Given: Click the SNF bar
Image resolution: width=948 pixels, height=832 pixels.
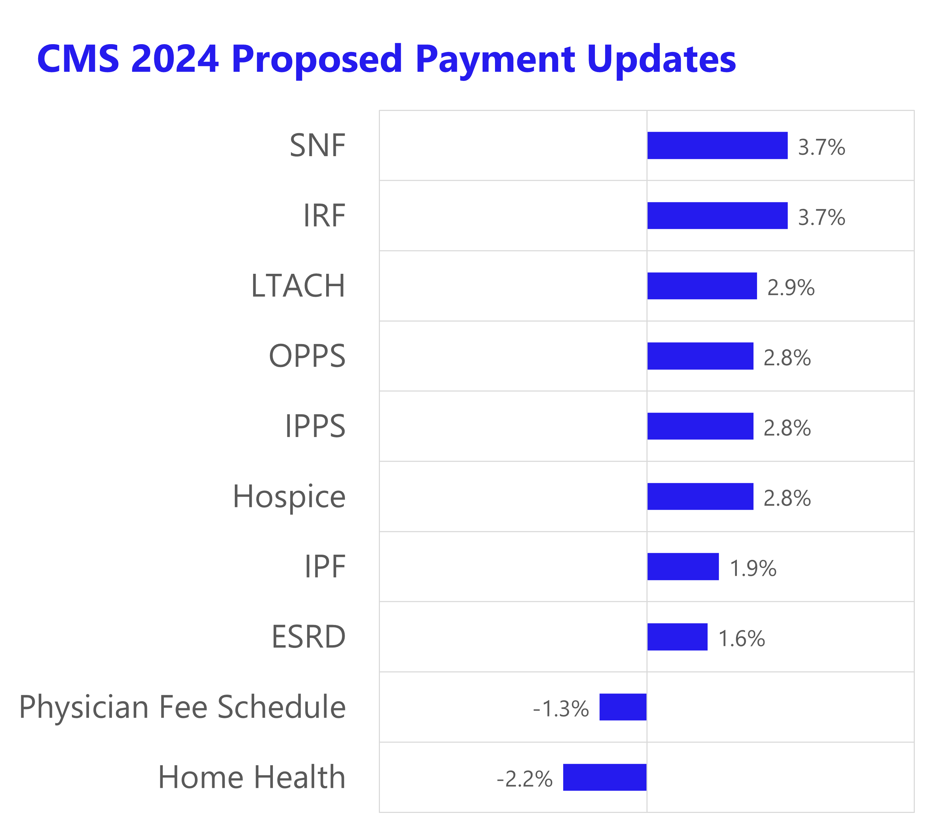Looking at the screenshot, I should click(x=717, y=145).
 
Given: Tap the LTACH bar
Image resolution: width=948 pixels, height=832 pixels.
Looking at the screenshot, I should click(x=702, y=286).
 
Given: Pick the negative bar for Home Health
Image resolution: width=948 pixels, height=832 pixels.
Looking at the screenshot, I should click(x=604, y=777).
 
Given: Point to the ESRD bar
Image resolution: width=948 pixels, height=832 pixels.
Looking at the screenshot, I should click(x=677, y=637).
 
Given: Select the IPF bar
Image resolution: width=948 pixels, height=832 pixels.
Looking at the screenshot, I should click(x=683, y=567).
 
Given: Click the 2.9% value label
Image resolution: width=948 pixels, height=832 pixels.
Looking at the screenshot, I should click(x=791, y=288).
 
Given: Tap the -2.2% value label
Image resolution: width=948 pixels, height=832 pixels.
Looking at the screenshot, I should click(x=525, y=779).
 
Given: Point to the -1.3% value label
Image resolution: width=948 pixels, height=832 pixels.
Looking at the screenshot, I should click(x=561, y=709).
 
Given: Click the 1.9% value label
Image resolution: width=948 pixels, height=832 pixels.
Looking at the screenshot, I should click(x=753, y=568).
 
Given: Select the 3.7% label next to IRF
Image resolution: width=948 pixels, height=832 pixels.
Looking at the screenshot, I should click(x=821, y=218).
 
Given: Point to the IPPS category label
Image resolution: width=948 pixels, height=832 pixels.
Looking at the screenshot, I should click(x=315, y=426).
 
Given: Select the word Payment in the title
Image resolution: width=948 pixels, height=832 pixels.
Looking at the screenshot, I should click(x=495, y=59).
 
